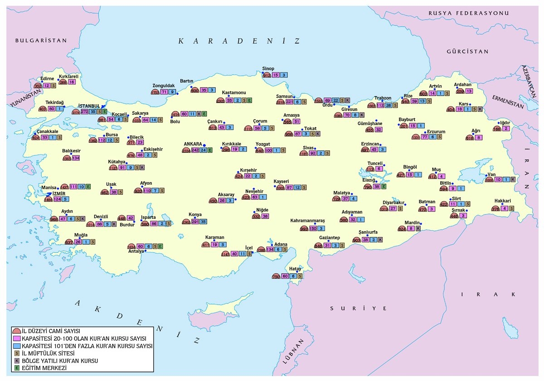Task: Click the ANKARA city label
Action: coord(193,144)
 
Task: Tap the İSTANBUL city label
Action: coord(89,106)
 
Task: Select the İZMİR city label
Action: coord(53,193)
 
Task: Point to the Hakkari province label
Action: coord(503,201)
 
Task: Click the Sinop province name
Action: coord(268,69)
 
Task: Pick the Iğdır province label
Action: coord(505,123)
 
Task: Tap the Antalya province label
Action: coord(136,251)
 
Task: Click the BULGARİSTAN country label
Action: coord(41,40)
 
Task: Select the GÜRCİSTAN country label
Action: coord(467,52)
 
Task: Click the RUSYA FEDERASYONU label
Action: coord(472,14)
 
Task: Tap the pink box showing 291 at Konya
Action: coord(195,222)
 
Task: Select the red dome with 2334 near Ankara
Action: coord(186,150)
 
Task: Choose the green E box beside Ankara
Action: coord(209,150)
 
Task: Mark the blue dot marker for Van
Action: coord(487,175)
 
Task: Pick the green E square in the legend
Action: coord(17,368)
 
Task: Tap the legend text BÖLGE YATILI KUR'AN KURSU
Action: coord(60,361)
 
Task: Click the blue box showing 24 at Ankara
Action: coord(203,150)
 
